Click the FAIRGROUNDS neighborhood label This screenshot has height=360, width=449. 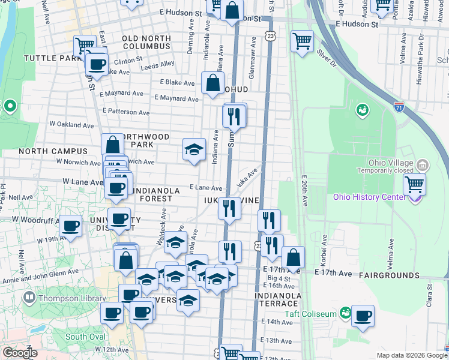(x=389, y=275)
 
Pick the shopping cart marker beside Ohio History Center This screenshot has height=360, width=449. (x=414, y=184)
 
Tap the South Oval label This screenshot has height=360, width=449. (x=85, y=337)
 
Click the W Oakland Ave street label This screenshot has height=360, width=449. (x=71, y=125)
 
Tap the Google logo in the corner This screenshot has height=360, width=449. (x=20, y=353)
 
